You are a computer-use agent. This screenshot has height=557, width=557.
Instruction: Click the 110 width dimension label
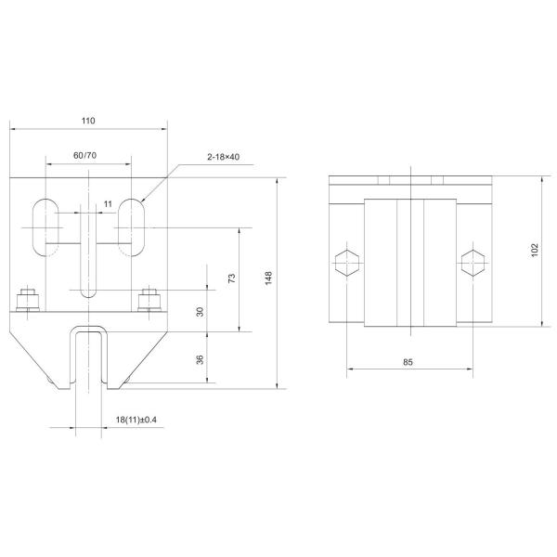pyautogui.click(x=88, y=121)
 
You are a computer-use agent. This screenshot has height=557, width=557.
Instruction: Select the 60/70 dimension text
pyautogui.click(x=85, y=155)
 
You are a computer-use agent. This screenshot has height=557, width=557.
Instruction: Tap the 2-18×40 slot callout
pyautogui.click(x=223, y=158)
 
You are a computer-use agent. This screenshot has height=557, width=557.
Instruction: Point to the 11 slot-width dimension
pyautogui.click(x=109, y=201)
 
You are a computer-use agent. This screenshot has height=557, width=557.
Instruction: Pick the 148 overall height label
pyautogui.click(x=268, y=278)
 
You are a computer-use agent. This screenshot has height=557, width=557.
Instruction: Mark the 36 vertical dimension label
pyautogui.click(x=200, y=358)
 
